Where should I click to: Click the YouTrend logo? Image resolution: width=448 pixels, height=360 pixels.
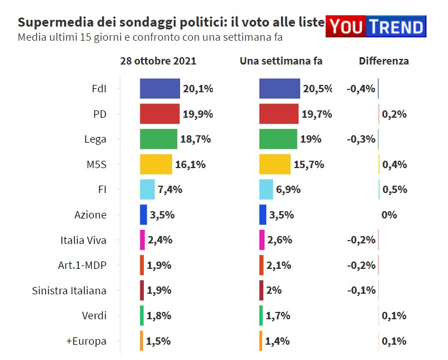(x=376, y=27)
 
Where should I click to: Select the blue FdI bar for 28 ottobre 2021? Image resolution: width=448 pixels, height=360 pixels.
(x=160, y=89)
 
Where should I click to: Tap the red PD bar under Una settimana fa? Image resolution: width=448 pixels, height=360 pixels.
(x=279, y=114)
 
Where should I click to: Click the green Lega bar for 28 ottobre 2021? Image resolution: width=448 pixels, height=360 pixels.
(x=159, y=139)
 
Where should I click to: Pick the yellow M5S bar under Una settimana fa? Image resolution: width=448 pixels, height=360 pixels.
(x=275, y=165)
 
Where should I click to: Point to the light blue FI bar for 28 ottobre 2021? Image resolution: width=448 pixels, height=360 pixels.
(x=147, y=190)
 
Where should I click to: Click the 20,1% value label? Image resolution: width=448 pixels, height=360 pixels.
(x=198, y=89)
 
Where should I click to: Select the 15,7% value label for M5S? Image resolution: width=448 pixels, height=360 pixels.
(x=309, y=165)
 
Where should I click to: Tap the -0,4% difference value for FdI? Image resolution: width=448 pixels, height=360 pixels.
(x=361, y=89)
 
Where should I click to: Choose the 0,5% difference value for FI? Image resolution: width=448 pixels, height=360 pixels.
(x=395, y=190)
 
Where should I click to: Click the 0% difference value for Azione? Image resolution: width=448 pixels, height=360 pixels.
(x=389, y=215)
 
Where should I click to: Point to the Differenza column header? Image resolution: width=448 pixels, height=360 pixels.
(x=383, y=61)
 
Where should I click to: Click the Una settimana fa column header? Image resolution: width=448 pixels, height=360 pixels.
(x=281, y=61)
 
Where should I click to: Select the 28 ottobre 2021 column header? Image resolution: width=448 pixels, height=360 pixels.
(x=158, y=61)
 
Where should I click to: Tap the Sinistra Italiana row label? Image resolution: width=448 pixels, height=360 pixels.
(x=69, y=291)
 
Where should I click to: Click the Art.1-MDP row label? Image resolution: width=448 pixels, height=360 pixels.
(x=82, y=265)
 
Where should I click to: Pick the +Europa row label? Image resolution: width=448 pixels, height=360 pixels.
(x=86, y=341)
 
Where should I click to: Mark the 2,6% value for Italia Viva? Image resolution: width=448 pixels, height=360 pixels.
(x=279, y=240)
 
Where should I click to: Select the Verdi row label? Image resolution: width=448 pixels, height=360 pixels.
(x=94, y=316)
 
